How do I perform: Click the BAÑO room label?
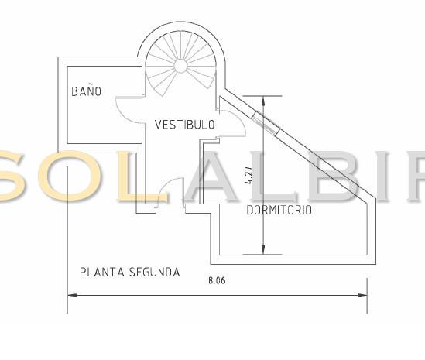click(x=86, y=91)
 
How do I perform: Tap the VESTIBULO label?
click(x=185, y=125)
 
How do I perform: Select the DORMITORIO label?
click(x=279, y=210)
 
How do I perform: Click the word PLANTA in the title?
click(x=102, y=273)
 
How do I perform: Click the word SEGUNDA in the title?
click(x=155, y=273)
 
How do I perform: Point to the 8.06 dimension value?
click(x=217, y=280)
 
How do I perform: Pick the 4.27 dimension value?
click(x=248, y=175)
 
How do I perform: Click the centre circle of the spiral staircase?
click(x=180, y=66)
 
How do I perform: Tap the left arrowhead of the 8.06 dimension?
click(x=72, y=295)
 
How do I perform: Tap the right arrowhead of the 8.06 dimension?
click(x=362, y=295)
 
